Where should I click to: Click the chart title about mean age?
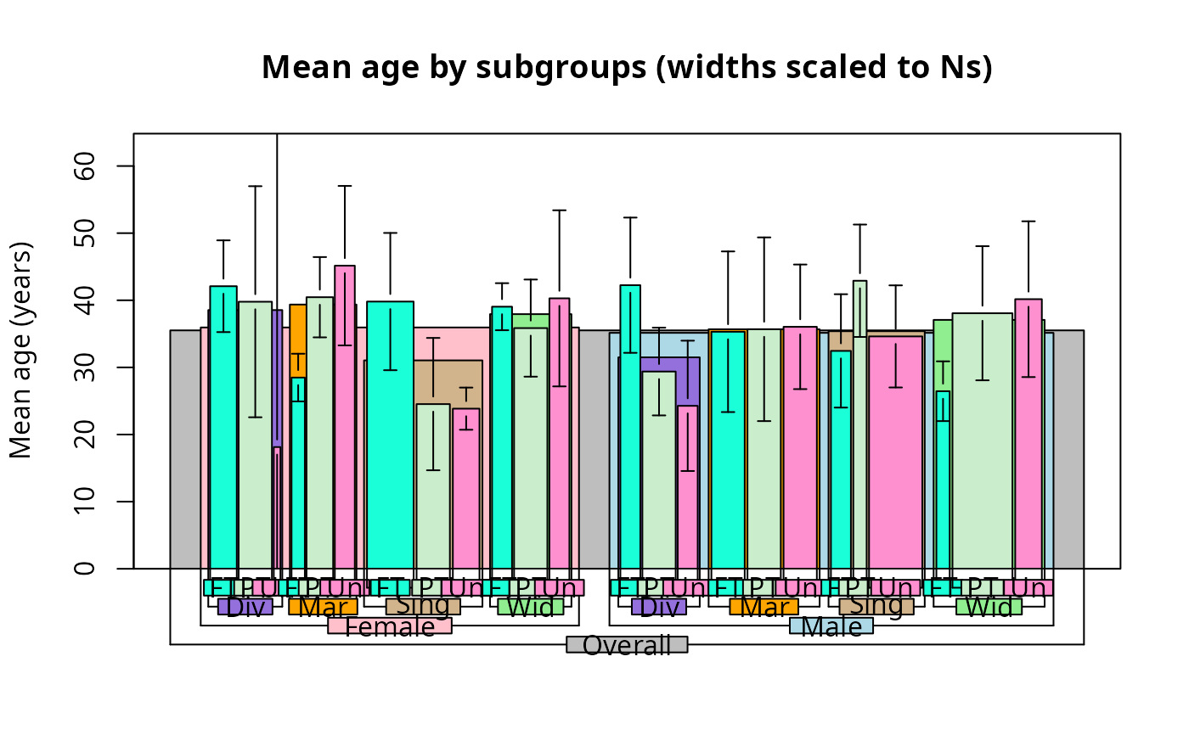coord(627,67)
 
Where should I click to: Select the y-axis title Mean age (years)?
coord(21,351)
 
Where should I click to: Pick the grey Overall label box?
coord(627,645)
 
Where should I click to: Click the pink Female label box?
coord(390,626)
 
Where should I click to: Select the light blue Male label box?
coord(831,626)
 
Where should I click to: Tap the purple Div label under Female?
coord(245,607)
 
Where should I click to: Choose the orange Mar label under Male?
coord(764,607)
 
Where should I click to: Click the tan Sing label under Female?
coord(423,607)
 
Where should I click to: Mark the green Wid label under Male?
coord(989,607)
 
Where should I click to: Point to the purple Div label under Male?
coord(659,607)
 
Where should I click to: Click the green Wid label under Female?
coord(531,607)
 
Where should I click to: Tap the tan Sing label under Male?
coord(876,607)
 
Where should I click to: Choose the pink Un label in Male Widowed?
coord(1028,587)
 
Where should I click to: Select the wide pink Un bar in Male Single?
coord(895,450)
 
